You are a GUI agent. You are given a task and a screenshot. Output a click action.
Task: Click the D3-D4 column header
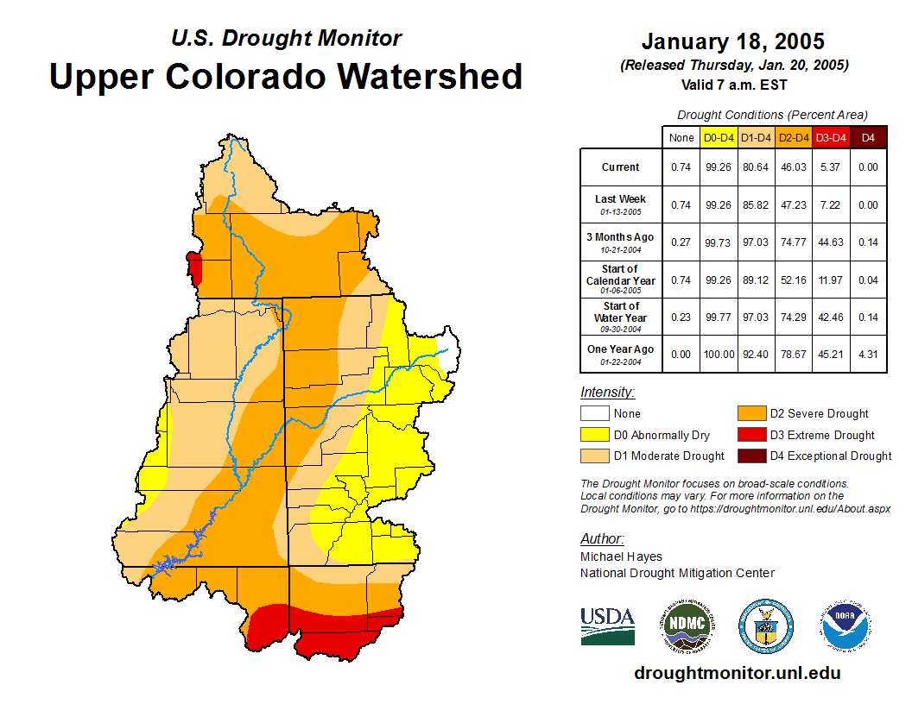pos(831,137)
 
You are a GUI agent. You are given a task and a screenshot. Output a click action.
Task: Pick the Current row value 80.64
pos(756,167)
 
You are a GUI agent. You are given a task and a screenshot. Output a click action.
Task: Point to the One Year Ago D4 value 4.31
pos(869,355)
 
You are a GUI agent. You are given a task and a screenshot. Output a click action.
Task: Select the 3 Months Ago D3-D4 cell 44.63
pos(831,242)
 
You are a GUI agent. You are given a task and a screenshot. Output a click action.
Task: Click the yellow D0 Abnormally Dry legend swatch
pos(595,435)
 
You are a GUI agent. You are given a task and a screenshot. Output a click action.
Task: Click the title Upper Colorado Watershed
pos(286,76)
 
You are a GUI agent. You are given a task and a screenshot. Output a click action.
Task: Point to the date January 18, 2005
pos(733,41)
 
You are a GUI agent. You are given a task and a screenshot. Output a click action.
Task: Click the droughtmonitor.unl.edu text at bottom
pos(737,673)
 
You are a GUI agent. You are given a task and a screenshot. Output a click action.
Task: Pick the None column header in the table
pos(681,137)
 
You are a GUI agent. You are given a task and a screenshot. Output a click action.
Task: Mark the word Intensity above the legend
pos(607,393)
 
